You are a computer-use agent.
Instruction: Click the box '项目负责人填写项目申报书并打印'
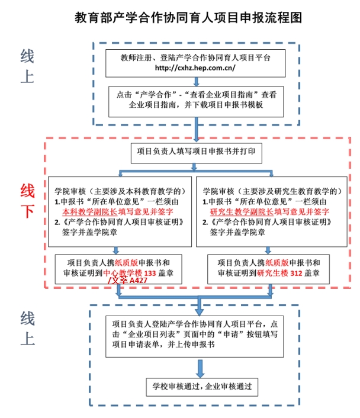coord(196,152)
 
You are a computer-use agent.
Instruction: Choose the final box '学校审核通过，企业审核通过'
coord(202,387)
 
